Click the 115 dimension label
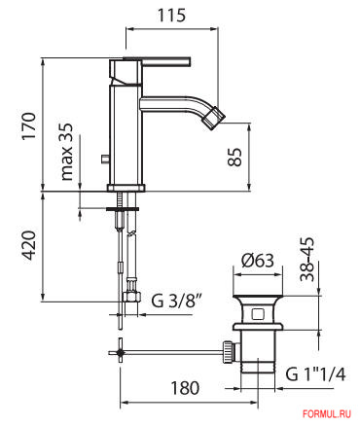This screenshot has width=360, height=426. tap(172, 16)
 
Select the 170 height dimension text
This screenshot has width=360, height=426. tap(28, 126)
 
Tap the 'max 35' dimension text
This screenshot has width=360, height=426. tap(66, 152)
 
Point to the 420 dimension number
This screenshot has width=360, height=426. tap(28, 245)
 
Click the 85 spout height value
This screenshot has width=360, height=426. tap(234, 158)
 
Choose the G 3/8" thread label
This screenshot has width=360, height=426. tap(177, 301)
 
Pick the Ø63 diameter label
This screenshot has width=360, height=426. tap(258, 261)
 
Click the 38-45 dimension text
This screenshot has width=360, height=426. tap(306, 260)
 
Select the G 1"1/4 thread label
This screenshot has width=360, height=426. tap(315, 374)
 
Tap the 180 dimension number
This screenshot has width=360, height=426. tap(185, 388)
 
